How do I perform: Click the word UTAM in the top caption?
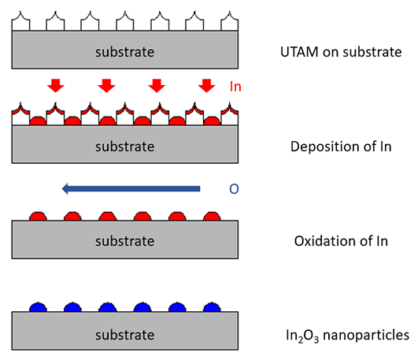coord(299,52)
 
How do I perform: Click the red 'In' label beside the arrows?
coord(235,87)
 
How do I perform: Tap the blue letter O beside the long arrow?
coord(234,189)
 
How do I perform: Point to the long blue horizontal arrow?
coord(131,189)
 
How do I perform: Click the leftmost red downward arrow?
coord(55,86)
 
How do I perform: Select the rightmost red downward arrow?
coord(206,86)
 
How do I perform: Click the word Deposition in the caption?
coord(317,147)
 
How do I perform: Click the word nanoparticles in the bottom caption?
coord(366,335)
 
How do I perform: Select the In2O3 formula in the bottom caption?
coord(302,336)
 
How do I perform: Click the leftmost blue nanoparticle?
coord(38,307)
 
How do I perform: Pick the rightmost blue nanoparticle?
coord(212,307)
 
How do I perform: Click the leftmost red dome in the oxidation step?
coord(38,217)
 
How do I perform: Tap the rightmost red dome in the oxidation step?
coord(212,217)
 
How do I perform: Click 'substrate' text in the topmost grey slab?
coord(124,52)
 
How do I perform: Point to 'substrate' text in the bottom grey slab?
coord(124,335)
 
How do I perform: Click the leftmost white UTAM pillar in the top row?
coord(20,21)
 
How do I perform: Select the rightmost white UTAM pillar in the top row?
coord(230,21)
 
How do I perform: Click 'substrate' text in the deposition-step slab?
coord(124,147)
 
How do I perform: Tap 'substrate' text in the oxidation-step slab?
coord(124,241)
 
